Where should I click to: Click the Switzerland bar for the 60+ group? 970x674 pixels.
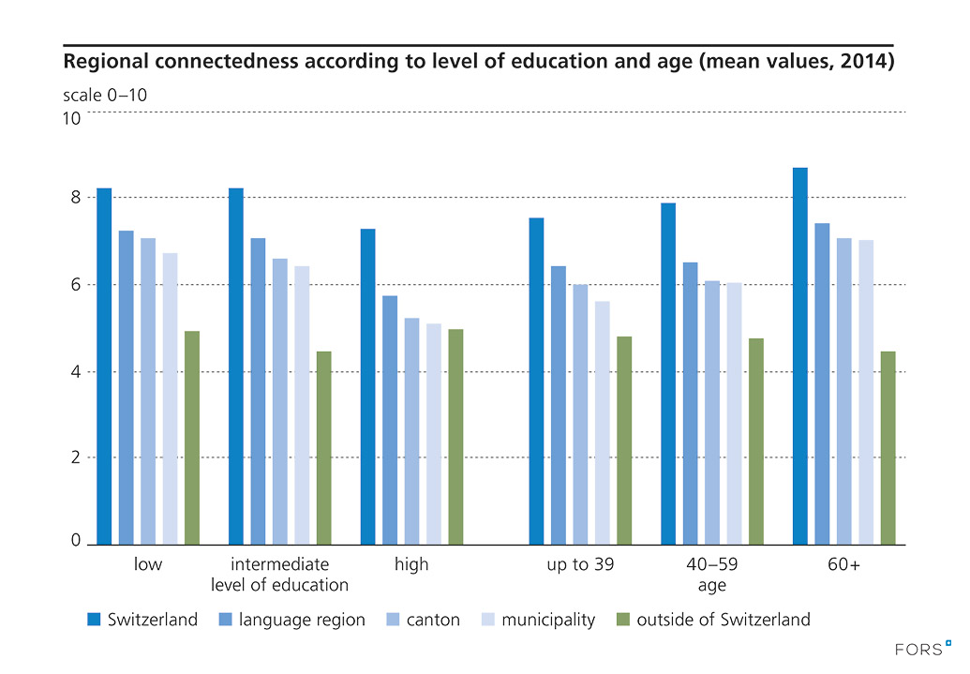click(799, 356)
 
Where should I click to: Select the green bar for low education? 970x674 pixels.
click(192, 438)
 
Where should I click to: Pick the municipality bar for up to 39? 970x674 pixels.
click(602, 423)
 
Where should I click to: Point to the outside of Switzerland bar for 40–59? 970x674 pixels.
click(755, 442)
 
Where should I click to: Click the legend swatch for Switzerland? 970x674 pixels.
click(93, 619)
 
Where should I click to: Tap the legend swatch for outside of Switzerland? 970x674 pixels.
click(621, 619)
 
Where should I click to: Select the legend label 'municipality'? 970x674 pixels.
click(548, 620)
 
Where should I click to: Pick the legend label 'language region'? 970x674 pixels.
click(302, 620)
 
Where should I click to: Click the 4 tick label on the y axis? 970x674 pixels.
click(75, 372)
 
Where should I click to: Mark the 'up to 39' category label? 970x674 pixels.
click(580, 564)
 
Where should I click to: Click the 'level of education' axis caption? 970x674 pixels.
click(279, 585)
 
